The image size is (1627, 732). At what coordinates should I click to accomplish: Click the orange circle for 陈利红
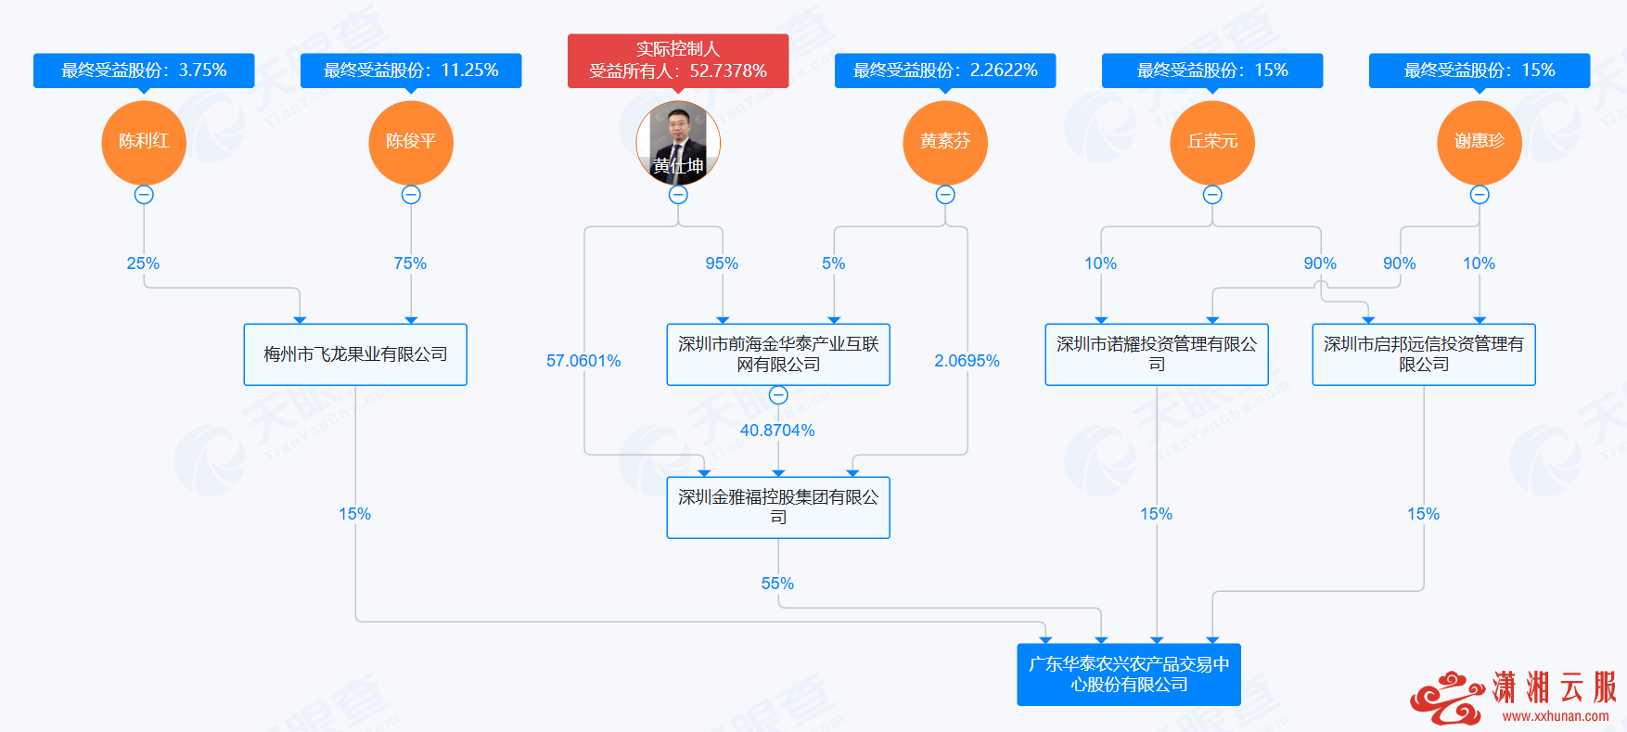(x=144, y=142)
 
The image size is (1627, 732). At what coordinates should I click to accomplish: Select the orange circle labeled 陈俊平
(x=411, y=142)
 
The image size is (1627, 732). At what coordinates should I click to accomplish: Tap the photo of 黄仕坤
(x=678, y=142)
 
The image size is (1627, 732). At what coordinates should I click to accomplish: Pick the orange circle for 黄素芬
(x=945, y=142)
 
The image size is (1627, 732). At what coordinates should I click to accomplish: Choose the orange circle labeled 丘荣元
(x=1212, y=142)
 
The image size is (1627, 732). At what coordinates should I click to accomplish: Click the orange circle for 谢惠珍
(x=1480, y=142)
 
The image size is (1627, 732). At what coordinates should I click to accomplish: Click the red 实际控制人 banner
(x=678, y=60)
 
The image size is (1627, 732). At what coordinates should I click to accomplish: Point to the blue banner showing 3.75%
(x=144, y=71)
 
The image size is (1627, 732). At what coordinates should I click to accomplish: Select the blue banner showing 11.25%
(x=411, y=71)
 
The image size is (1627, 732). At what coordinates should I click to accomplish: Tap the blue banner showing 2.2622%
(x=945, y=71)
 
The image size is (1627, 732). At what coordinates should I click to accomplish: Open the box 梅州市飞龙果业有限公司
(x=355, y=354)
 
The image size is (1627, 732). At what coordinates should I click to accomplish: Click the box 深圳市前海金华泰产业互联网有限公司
(x=778, y=354)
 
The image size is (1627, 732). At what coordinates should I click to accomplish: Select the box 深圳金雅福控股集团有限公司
(x=778, y=507)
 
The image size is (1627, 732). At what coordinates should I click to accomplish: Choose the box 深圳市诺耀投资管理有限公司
(x=1157, y=354)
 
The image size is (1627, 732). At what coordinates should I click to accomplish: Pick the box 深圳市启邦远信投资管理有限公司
(x=1424, y=354)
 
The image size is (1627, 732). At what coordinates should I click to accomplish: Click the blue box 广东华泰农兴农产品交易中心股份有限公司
(x=1129, y=674)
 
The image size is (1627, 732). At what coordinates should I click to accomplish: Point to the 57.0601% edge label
(x=583, y=361)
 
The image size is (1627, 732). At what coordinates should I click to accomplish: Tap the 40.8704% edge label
(x=777, y=430)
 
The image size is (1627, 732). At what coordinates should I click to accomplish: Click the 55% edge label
(x=777, y=584)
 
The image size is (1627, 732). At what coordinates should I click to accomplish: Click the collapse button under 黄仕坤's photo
(x=678, y=195)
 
